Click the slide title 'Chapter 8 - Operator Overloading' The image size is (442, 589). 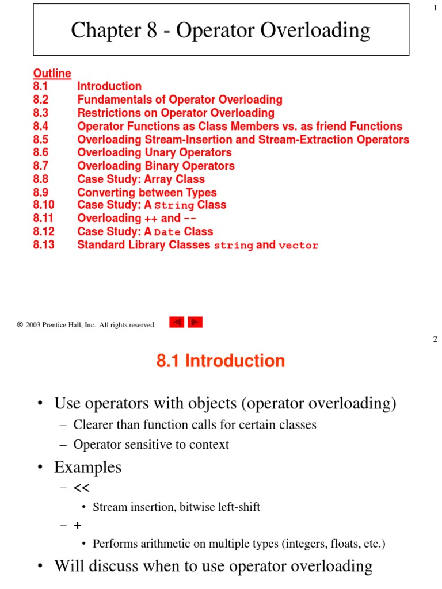pos(220,30)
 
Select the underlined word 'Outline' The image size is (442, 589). pos(52,73)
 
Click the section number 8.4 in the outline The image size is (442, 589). pos(41,127)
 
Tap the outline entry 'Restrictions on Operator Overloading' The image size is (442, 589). pos(176,113)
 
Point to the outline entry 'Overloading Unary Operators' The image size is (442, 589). pos(154,153)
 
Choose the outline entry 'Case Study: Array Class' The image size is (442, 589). pos(141,179)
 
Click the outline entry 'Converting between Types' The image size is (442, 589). pos(147,193)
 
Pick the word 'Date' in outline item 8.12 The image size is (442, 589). pos(167,232)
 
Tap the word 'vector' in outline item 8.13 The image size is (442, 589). pos(298,246)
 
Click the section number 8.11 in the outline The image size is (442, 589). pos(43,219)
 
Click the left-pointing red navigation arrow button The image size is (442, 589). pos(177,323)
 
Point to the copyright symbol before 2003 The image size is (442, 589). pos(20,325)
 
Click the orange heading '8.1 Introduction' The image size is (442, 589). pos(220,361)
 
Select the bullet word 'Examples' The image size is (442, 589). pos(87,468)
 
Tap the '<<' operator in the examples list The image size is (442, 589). pos(81,488)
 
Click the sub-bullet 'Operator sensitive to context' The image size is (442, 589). pos(151,445)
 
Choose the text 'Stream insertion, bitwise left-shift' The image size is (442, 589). pos(176,507)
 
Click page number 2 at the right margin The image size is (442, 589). pos(435,339)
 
